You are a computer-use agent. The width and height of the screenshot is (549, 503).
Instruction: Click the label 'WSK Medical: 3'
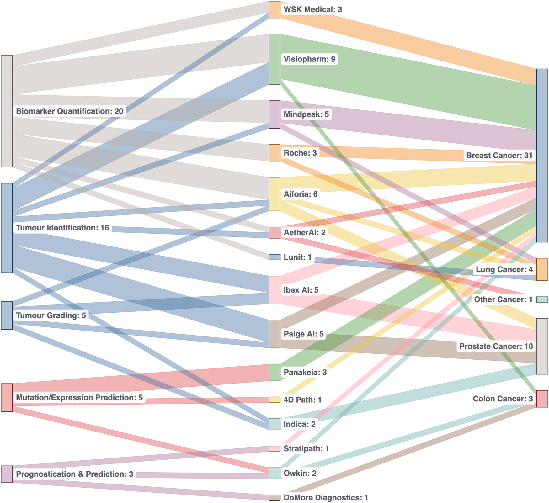(312, 10)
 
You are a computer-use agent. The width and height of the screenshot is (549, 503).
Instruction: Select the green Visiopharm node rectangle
(274, 59)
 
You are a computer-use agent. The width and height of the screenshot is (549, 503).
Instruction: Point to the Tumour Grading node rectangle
(7, 315)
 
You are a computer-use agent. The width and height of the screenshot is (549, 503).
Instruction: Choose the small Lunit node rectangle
(274, 257)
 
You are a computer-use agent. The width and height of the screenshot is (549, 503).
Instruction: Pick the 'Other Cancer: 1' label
(503, 299)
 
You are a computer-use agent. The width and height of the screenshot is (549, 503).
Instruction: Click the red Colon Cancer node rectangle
(542, 399)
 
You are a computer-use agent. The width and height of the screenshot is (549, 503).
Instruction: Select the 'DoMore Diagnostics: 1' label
(326, 497)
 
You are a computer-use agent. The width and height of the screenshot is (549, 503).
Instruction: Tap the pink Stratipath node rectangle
(274, 449)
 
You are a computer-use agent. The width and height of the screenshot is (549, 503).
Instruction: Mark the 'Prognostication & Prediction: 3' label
(75, 474)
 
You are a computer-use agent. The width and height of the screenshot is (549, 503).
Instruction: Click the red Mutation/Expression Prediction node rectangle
(7, 397)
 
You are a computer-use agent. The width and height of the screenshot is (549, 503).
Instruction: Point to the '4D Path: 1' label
(302, 400)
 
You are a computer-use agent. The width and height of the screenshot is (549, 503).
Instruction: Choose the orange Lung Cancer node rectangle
(542, 269)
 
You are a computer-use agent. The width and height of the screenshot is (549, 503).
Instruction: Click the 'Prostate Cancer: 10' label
(496, 346)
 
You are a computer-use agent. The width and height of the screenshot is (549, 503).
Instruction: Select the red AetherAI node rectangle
(274, 232)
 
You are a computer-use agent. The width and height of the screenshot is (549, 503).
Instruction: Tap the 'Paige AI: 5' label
(303, 334)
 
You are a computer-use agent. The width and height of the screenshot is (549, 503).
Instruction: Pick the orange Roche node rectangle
(274, 153)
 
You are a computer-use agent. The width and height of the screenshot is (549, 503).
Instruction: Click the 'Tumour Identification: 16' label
(62, 228)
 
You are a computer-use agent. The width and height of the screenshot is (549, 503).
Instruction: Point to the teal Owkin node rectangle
(274, 473)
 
